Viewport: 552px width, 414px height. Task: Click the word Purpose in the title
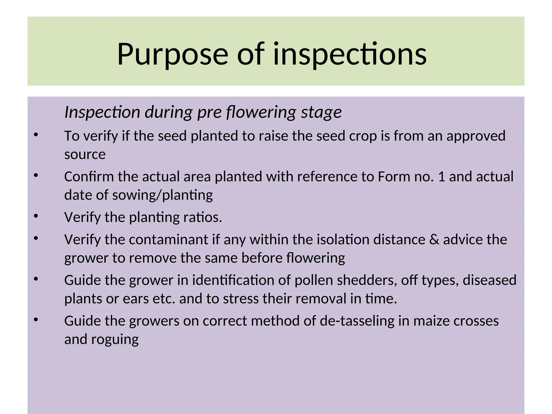172,55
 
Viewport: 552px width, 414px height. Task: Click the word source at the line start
85,154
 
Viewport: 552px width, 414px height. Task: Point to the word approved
476,136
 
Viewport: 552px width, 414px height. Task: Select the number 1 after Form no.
441,177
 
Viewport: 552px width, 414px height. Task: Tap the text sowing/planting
162,195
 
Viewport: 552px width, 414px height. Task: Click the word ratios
202,217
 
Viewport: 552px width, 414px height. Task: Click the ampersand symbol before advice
434,240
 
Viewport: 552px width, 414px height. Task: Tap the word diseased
489,280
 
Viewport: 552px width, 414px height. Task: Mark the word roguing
115,340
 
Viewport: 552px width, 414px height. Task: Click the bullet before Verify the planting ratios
36,216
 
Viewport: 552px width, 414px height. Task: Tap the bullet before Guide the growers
36,320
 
